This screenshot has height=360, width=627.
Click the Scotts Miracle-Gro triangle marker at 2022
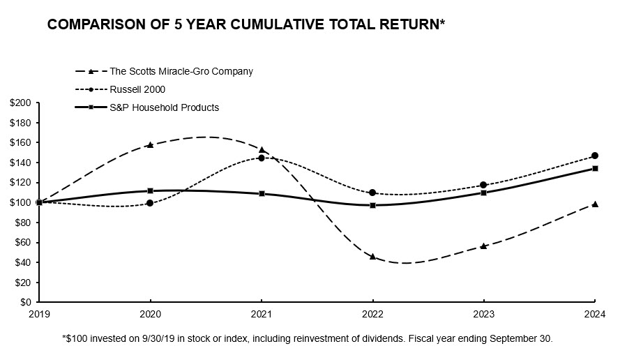[372, 257]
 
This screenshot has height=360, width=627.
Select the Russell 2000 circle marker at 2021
[262, 158]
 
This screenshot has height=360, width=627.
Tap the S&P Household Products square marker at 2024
[595, 168]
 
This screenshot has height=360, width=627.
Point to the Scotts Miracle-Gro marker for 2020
[150, 145]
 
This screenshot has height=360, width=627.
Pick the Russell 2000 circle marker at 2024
[595, 156]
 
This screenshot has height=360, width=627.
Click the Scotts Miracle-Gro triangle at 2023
[483, 246]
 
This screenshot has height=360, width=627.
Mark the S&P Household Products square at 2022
[372, 205]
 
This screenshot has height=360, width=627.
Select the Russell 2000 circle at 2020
[150, 203]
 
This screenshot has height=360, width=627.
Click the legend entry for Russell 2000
[139, 89]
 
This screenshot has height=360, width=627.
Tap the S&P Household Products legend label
[165, 107]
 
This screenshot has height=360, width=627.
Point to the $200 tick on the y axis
[20, 103]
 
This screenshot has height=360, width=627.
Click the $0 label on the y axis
[24, 303]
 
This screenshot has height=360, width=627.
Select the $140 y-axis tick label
[20, 163]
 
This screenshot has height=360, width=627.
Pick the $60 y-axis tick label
[22, 243]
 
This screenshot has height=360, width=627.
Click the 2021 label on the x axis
[262, 314]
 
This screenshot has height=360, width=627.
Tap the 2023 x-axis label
[483, 314]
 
